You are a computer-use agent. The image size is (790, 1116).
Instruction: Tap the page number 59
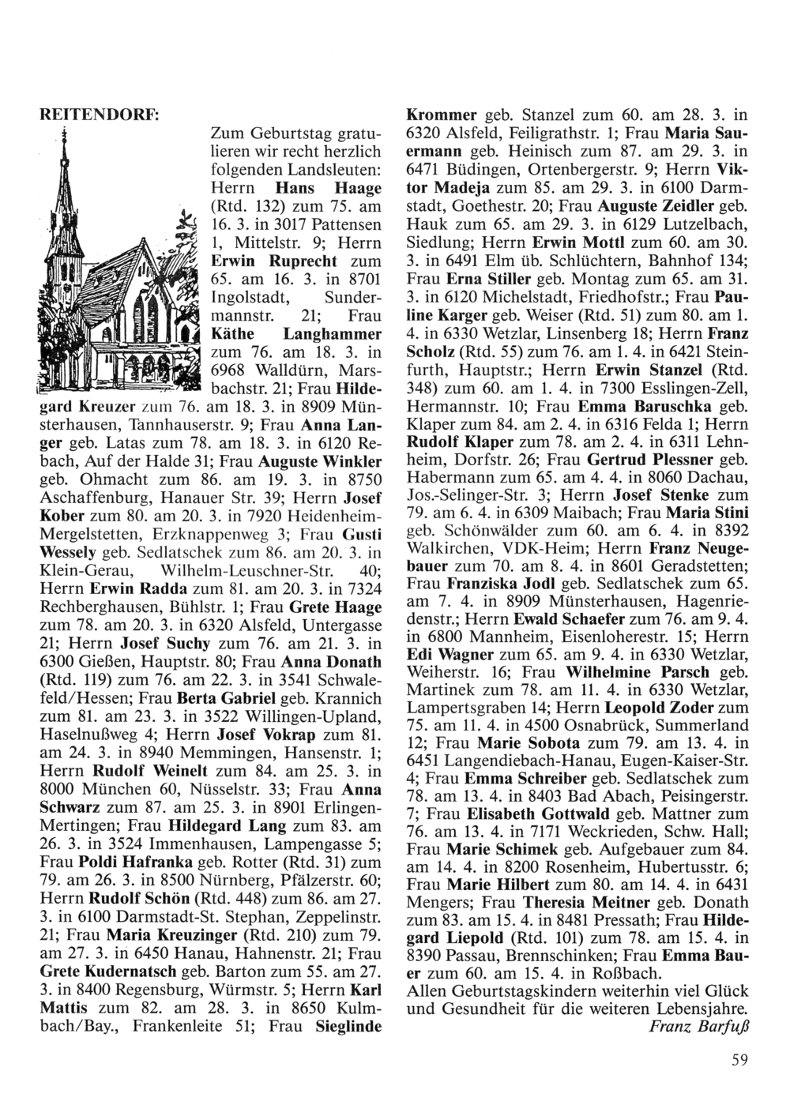click(x=739, y=1061)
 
